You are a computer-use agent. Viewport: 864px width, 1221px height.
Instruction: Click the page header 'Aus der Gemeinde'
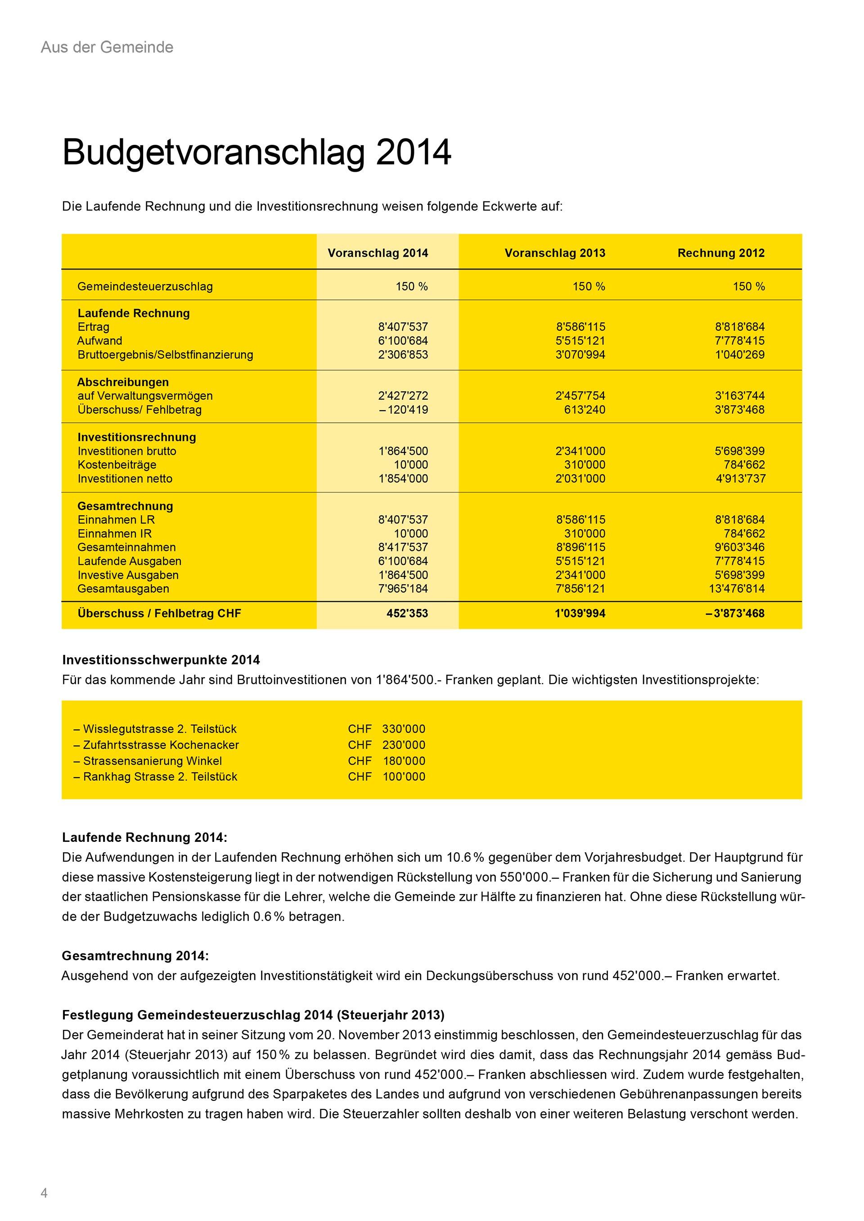[107, 47]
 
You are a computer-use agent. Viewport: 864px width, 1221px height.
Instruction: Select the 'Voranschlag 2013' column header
[554, 253]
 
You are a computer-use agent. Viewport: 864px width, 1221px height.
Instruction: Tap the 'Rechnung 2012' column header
[720, 253]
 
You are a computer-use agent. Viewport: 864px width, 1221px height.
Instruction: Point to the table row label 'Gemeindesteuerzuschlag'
[145, 286]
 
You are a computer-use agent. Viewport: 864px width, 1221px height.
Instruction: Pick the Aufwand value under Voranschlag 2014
[403, 341]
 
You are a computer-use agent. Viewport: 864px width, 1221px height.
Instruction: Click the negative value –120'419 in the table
[403, 410]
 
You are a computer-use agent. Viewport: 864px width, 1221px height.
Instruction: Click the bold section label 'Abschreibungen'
[123, 382]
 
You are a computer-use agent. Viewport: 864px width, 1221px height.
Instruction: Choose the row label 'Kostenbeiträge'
[117, 465]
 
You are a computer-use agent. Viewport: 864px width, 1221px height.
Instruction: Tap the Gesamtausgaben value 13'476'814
[736, 589]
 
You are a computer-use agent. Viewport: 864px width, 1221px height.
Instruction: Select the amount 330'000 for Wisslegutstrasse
[403, 729]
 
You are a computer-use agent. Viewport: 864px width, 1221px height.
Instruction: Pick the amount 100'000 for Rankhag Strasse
[404, 777]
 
